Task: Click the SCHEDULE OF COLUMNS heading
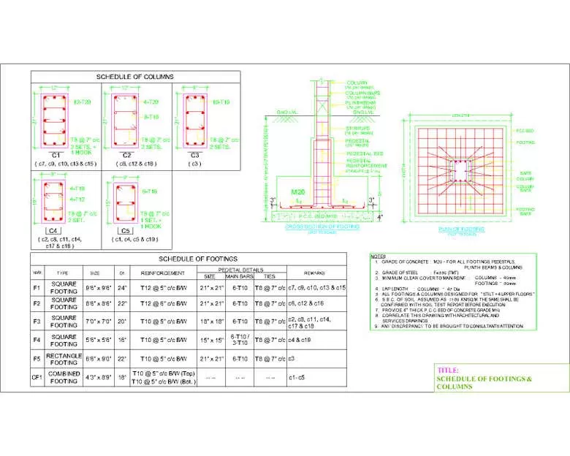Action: click(136, 77)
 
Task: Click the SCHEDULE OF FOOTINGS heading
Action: click(199, 259)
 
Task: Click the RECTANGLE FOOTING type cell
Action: click(64, 359)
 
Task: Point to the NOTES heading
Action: click(378, 256)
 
